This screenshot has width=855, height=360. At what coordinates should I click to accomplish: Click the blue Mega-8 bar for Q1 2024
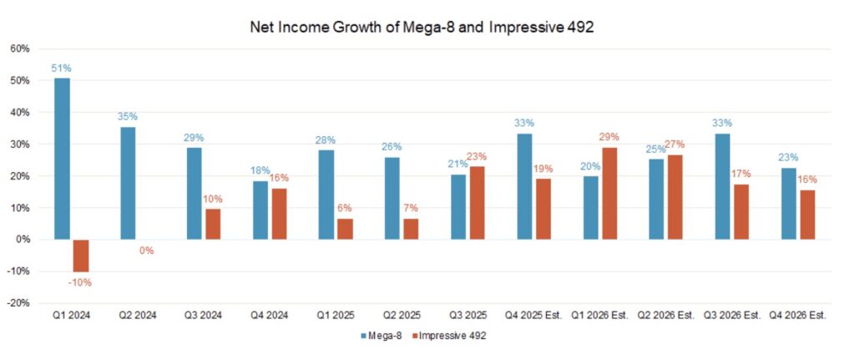click(62, 159)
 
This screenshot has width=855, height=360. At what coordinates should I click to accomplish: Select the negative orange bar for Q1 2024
click(80, 256)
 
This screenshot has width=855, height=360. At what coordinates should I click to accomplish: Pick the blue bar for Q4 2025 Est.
click(524, 187)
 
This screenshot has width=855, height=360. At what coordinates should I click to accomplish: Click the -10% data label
click(80, 282)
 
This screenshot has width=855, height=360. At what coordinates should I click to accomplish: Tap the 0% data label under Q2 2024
click(147, 250)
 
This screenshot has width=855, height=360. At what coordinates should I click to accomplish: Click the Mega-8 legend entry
click(381, 336)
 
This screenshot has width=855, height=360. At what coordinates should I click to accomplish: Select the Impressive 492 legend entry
click(449, 336)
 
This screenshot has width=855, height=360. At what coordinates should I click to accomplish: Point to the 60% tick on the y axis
click(18, 48)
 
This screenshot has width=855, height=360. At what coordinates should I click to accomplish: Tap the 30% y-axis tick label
click(18, 145)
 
